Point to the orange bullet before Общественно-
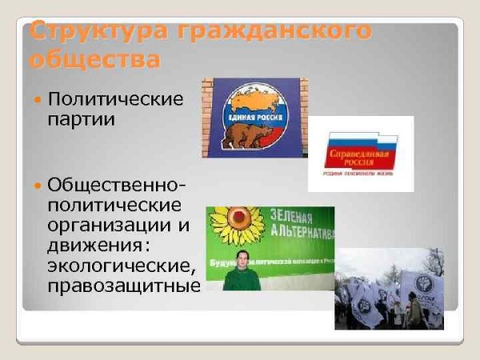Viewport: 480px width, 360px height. pos(37,185)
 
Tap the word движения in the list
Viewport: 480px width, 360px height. pos(95,245)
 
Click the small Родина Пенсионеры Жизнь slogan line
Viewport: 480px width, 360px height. pos(359,170)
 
